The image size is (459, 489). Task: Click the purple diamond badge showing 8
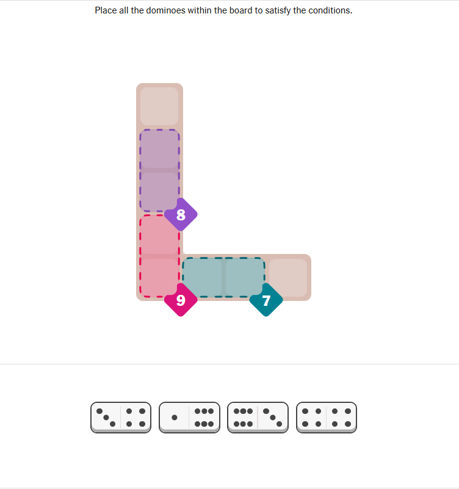point(181,214)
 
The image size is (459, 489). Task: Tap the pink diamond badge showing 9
point(181,300)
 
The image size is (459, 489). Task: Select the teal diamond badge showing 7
point(266,300)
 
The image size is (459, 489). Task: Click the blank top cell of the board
point(159,106)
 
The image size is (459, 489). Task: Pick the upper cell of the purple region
point(159,149)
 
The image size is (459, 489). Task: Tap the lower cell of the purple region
point(159,192)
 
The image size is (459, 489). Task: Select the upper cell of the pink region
point(159,234)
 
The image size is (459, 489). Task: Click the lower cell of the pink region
point(159,277)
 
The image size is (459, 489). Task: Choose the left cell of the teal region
point(202,277)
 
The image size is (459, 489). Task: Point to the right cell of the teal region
point(245,277)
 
